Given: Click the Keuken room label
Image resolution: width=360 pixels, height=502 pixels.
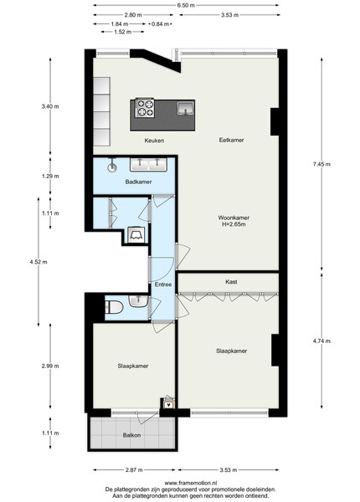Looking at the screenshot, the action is click(x=154, y=141).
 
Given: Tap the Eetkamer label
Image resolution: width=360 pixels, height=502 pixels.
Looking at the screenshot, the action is click(x=231, y=140).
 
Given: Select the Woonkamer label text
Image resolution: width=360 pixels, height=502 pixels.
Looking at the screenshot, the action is click(x=234, y=218).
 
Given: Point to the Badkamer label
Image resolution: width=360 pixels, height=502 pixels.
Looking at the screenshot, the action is click(x=138, y=182).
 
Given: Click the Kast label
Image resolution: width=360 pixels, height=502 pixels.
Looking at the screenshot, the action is click(x=231, y=282).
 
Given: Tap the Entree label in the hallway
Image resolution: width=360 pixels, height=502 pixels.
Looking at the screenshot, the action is click(x=163, y=284).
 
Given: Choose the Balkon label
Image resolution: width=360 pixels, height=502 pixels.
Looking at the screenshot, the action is click(x=131, y=435).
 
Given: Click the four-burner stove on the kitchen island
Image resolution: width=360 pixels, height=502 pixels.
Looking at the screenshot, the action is click(x=145, y=108).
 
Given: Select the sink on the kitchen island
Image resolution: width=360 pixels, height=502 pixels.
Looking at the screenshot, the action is click(x=186, y=108).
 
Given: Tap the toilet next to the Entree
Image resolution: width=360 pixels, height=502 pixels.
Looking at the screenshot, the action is click(x=114, y=307).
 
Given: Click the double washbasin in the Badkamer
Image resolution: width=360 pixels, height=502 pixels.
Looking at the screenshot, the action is click(x=148, y=164).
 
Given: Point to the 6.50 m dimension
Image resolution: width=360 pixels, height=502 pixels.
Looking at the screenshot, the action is click(x=186, y=6).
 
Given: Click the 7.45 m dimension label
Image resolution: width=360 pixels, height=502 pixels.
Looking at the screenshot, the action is click(x=321, y=164).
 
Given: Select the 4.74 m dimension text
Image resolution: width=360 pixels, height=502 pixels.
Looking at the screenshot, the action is click(x=321, y=341).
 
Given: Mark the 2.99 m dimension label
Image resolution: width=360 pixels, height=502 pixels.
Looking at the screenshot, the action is click(x=50, y=366).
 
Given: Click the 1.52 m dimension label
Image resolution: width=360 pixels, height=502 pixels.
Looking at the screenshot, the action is click(x=123, y=32).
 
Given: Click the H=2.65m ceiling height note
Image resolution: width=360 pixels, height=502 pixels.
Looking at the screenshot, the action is click(x=234, y=224).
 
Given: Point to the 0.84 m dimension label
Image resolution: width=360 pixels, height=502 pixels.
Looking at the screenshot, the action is click(x=160, y=24).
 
